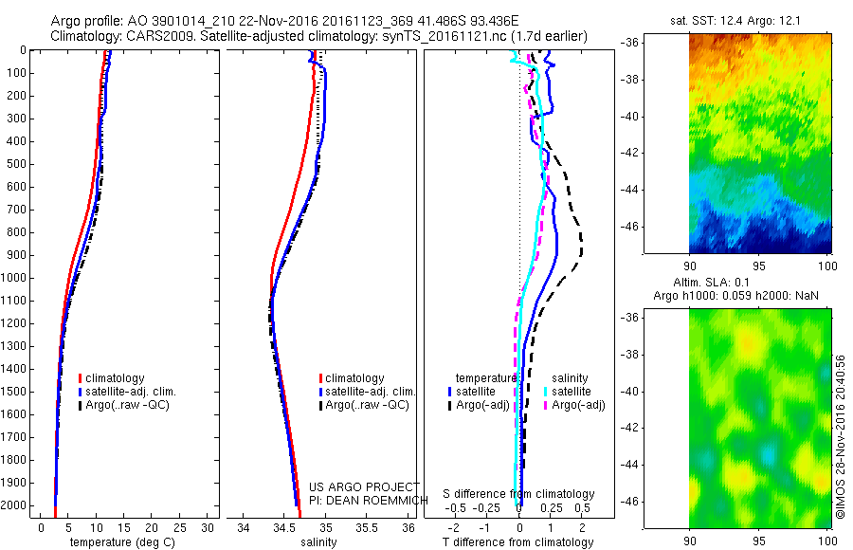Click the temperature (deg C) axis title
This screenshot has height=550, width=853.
point(118,542)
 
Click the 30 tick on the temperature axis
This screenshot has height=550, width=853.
point(208,527)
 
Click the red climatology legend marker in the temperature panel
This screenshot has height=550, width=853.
point(81,378)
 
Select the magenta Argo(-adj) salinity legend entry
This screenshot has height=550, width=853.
point(573,405)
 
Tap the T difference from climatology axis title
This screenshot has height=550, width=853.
point(518,542)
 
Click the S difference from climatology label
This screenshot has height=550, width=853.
point(519,494)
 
